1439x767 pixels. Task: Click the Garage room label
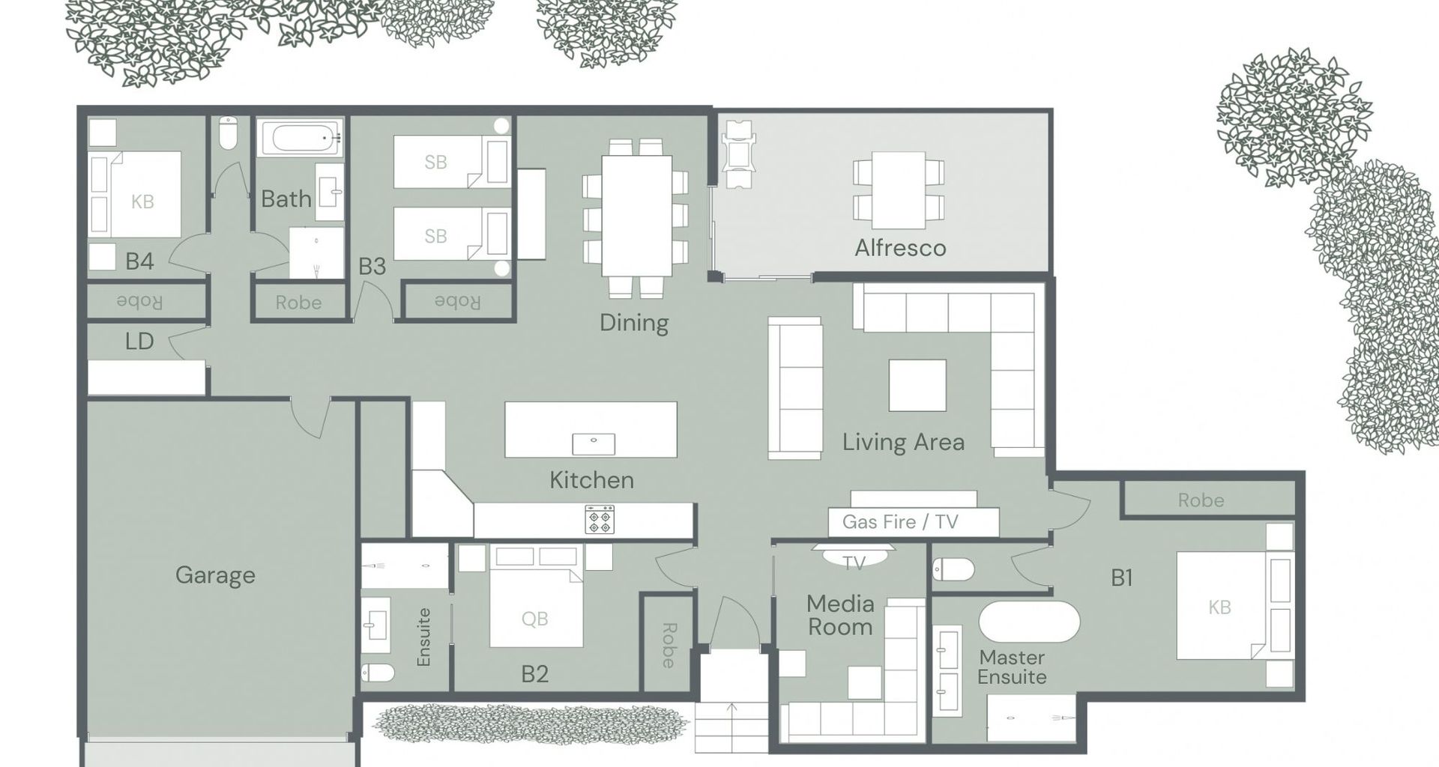(x=215, y=575)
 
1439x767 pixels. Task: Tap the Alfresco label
(x=900, y=248)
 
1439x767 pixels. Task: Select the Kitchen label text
(x=591, y=480)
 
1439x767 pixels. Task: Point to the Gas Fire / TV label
(x=900, y=521)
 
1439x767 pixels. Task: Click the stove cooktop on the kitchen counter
(x=600, y=519)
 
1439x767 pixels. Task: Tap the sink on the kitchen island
(x=594, y=444)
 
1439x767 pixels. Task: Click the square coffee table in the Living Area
(x=917, y=385)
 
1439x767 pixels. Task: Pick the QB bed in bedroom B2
(x=536, y=607)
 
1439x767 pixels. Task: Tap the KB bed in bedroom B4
(x=136, y=195)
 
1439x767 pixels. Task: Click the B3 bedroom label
(x=372, y=267)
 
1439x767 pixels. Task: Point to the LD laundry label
(x=139, y=342)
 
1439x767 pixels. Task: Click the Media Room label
(x=840, y=615)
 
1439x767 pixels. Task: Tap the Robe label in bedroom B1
(x=1201, y=500)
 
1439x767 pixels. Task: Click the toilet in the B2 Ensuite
(x=378, y=673)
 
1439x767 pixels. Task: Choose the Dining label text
(x=634, y=323)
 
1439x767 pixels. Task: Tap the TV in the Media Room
(x=854, y=556)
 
